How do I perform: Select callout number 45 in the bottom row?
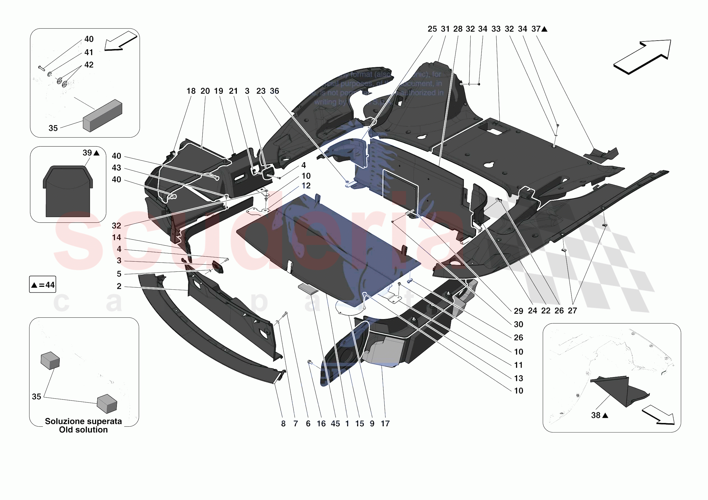tap(335, 424)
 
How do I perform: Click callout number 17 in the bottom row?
tap(385, 424)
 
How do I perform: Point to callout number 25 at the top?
tap(432, 29)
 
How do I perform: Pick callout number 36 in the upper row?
tap(274, 91)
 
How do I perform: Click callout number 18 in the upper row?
tap(191, 91)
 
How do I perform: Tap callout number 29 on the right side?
tap(518, 311)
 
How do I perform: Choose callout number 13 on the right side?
tap(518, 378)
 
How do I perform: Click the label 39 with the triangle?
tap(91, 153)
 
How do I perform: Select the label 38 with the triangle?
tap(600, 415)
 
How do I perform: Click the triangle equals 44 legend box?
tap(43, 285)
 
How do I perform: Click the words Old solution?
tap(83, 430)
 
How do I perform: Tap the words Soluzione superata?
tap(83, 421)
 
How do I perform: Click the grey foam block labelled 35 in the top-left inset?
tap(103, 115)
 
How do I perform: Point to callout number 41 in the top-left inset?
tap(89, 52)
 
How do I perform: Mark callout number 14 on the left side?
tap(116, 237)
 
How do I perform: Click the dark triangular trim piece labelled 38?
tap(620, 390)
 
